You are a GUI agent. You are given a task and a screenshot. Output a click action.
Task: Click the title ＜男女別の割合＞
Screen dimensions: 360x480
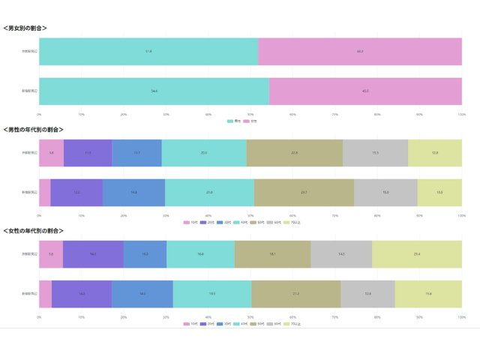(25, 28)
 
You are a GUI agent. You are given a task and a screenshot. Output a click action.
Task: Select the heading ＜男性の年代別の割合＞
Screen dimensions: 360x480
(34, 129)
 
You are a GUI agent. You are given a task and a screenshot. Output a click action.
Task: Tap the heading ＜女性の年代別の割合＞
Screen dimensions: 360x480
(34, 231)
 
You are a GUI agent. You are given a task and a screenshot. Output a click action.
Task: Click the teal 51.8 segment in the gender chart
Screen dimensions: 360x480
(148, 52)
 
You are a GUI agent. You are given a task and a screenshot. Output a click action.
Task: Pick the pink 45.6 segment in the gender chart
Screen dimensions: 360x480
(365, 91)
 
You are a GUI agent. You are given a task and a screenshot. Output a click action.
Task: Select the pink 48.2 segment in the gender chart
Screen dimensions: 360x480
(360, 52)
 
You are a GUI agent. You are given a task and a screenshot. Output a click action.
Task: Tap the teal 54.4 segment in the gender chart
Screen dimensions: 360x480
(154, 91)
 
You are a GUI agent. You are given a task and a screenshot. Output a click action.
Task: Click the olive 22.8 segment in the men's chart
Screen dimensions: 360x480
(294, 153)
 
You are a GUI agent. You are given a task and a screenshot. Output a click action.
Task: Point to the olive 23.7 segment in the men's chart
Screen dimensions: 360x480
(304, 192)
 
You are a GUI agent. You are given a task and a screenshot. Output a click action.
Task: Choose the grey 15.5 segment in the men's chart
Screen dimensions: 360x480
(375, 153)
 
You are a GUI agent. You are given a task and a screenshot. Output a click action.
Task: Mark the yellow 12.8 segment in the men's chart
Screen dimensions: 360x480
(435, 153)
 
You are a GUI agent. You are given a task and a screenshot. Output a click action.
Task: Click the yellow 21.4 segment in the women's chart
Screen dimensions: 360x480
(417, 254)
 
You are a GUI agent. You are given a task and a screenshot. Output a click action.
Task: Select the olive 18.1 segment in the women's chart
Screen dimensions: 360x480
(272, 254)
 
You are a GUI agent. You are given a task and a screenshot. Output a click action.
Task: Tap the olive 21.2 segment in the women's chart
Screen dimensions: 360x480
(296, 293)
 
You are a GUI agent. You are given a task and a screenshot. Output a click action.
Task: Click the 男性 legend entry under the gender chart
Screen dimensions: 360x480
(235, 121)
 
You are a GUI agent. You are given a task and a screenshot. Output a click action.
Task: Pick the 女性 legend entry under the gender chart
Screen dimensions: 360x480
(251, 121)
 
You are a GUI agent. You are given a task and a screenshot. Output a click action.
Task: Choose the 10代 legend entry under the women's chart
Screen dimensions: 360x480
(191, 324)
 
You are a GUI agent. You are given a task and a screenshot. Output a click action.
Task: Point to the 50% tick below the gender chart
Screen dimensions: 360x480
(250, 114)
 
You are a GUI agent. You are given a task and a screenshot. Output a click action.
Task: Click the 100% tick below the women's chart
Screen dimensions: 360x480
(461, 317)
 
